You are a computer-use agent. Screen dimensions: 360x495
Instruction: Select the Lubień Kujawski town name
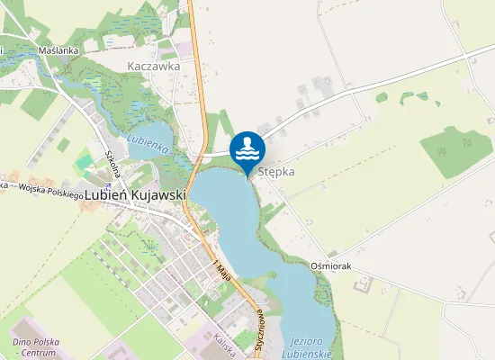(x=132, y=193)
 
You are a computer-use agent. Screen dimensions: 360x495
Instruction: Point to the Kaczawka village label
(x=154, y=66)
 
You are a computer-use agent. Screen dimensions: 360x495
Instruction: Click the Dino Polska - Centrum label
(x=34, y=346)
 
